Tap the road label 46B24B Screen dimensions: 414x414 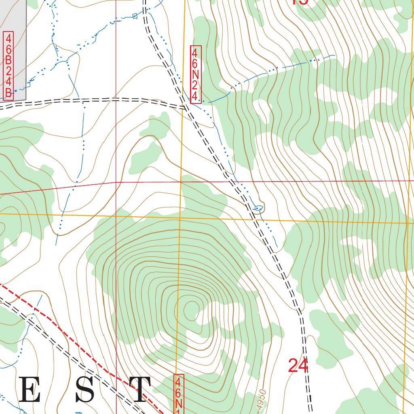click(8, 66)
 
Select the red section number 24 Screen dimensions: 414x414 click(298, 365)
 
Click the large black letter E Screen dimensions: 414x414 click(29, 390)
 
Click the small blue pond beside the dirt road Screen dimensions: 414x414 click(258, 208)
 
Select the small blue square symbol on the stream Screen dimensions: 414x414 click(135, 16)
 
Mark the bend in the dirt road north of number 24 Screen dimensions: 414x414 click(300, 313)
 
